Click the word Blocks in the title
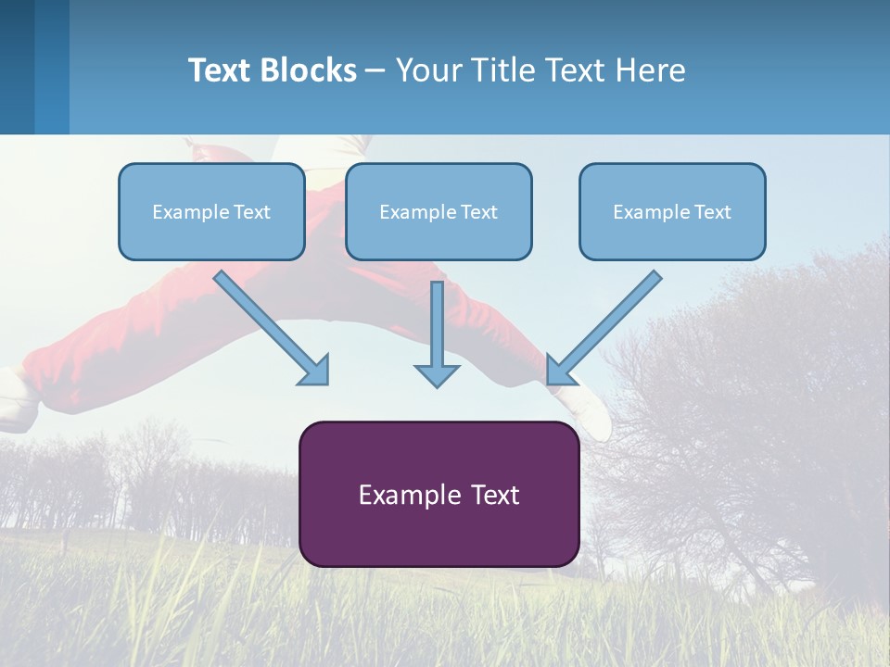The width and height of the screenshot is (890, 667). pyautogui.click(x=308, y=69)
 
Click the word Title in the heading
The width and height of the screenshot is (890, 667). pyautogui.click(x=504, y=69)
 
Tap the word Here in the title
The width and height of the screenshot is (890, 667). pyautogui.click(x=651, y=69)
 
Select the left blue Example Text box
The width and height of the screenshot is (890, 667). pyautogui.click(x=211, y=211)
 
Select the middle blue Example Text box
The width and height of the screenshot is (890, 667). pyautogui.click(x=439, y=211)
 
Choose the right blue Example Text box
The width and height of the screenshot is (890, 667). pyautogui.click(x=673, y=211)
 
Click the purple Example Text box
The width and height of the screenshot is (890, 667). pyautogui.click(x=439, y=494)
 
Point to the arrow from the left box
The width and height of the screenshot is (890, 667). pyautogui.click(x=272, y=328)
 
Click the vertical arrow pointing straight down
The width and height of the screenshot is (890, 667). pyautogui.click(x=437, y=334)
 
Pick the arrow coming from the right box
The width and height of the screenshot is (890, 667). pyautogui.click(x=604, y=328)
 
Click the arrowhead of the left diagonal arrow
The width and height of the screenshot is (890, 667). pyautogui.click(x=314, y=371)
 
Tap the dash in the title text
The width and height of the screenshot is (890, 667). pyautogui.click(x=375, y=71)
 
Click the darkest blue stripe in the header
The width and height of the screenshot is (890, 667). pyautogui.click(x=17, y=67)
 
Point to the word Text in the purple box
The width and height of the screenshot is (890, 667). pyautogui.click(x=495, y=495)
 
